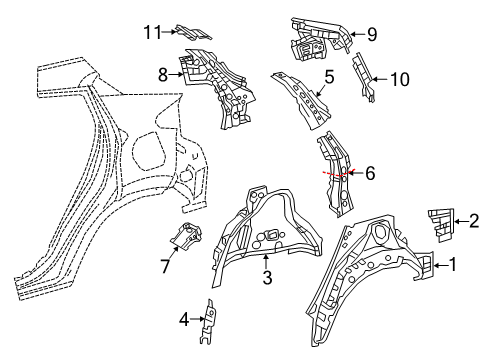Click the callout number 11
click(152, 33)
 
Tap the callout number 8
click(163, 75)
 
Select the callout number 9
click(372, 34)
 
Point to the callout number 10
click(399, 80)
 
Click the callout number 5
click(329, 77)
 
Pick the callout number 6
click(370, 173)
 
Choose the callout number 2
click(474, 221)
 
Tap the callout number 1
click(452, 265)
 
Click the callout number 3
click(267, 277)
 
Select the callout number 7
click(166, 266)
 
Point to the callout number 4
click(184, 320)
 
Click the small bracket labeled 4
click(209, 322)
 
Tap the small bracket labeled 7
click(186, 236)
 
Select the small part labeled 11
click(193, 32)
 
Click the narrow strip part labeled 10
click(364, 77)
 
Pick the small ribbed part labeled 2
click(441, 225)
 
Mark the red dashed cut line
click(339, 173)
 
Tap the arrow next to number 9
click(358, 34)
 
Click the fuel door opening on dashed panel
click(149, 150)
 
